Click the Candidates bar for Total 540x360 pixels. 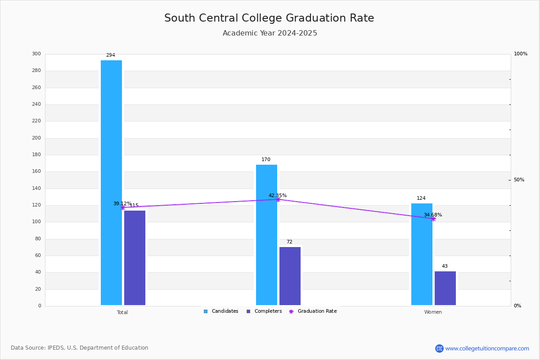click(x=111, y=182)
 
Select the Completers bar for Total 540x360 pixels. click(x=135, y=258)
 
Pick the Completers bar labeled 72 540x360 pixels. click(x=290, y=276)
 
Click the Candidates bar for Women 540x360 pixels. click(x=422, y=254)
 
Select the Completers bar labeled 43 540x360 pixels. click(x=445, y=288)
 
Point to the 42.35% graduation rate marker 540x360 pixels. click(x=278, y=199)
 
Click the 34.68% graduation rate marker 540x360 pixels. click(x=433, y=219)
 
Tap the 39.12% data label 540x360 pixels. click(x=121, y=204)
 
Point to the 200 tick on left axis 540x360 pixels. click(x=36, y=138)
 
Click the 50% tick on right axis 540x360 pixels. click(x=519, y=180)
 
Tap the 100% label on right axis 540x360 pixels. click(x=520, y=54)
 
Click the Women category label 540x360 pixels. click(x=433, y=312)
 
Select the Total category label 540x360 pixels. click(x=122, y=312)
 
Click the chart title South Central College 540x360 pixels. click(x=269, y=18)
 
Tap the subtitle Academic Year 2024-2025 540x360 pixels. click(x=270, y=33)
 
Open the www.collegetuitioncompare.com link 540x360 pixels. click(x=487, y=348)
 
